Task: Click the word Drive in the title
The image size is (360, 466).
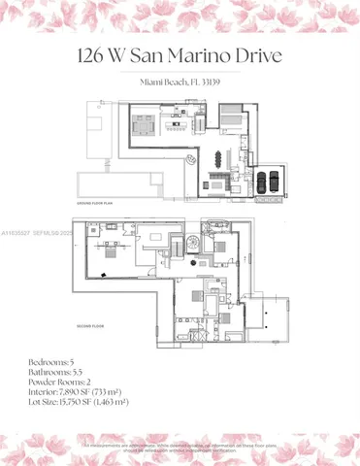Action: coord(253,55)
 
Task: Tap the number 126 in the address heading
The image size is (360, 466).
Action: coord(95,55)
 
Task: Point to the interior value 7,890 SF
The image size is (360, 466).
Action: coord(93,391)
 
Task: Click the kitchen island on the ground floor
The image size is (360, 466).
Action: coord(177,124)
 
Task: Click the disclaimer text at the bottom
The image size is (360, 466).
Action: coord(180,448)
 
